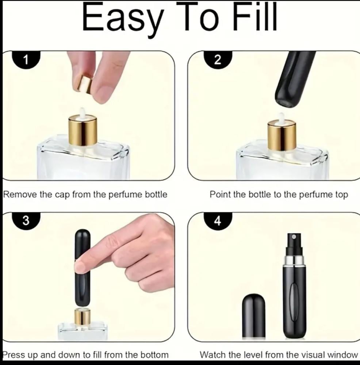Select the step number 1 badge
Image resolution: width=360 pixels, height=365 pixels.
click(x=26, y=60)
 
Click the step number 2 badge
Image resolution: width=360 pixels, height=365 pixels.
click(x=218, y=60)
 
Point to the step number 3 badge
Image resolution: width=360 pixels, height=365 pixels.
click(x=26, y=221)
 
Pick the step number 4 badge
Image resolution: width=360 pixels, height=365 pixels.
click(x=218, y=221)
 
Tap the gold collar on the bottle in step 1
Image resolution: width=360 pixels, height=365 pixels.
click(x=83, y=130)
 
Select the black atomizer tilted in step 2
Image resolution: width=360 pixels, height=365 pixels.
click(x=294, y=79)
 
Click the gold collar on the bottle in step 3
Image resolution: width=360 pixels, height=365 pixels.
click(x=83, y=316)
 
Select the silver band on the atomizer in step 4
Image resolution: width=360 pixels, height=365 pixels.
click(x=294, y=260)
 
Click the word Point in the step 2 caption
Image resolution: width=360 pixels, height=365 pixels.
click(x=220, y=194)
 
